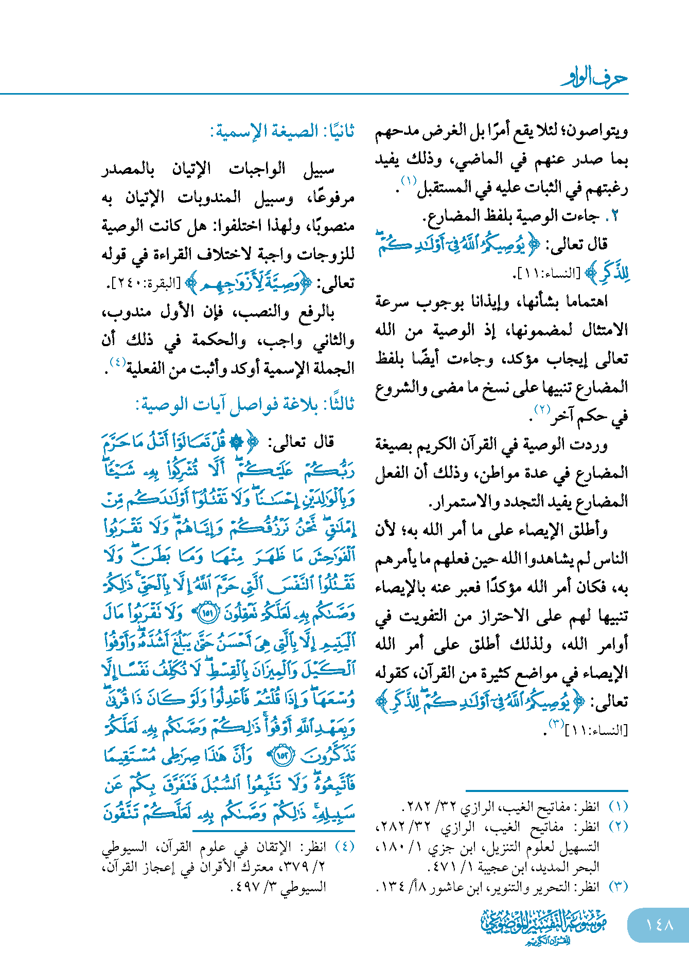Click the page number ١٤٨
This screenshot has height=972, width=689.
[x=659, y=925]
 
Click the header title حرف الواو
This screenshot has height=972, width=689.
[x=594, y=78]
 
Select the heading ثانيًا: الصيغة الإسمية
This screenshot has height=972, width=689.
[x=282, y=132]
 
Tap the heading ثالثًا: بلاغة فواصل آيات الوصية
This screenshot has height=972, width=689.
[x=245, y=405]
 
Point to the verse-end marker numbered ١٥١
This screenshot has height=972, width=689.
[x=208, y=613]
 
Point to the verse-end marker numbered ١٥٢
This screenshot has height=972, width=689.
[x=282, y=756]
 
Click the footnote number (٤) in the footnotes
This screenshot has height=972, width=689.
[x=344, y=847]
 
